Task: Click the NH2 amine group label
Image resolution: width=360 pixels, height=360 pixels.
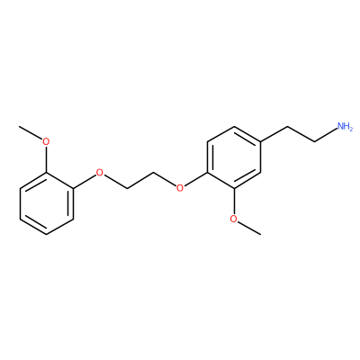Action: point(345,126)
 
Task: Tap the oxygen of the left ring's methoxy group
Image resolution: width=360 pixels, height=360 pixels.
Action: point(46,141)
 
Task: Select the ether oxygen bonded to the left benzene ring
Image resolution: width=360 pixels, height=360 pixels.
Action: point(99,173)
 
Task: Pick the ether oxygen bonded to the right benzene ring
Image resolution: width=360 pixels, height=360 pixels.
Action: point(180,188)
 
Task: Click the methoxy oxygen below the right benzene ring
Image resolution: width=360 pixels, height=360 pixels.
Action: point(233,219)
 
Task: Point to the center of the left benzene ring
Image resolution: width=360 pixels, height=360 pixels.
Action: point(47,203)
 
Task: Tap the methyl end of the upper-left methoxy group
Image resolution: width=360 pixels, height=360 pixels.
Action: point(20,127)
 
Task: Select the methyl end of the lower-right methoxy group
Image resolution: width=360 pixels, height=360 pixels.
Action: point(260,234)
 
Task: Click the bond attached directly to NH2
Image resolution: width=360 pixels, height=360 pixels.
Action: point(325,136)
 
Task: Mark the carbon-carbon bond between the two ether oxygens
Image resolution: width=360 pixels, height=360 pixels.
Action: point(139,180)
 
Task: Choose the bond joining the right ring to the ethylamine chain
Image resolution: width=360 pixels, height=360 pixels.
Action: point(274,134)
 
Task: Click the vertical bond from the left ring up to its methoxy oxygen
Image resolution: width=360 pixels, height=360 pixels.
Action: point(46,159)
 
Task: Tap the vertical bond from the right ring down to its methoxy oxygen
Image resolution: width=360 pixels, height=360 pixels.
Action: point(233,201)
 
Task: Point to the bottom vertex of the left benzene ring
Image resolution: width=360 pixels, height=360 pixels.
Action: point(47,235)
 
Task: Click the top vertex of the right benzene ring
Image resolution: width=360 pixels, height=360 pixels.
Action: point(233,126)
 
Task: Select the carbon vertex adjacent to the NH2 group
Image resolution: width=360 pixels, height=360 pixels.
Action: point(314,142)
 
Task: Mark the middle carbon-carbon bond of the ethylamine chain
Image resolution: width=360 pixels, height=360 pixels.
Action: point(301,134)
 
